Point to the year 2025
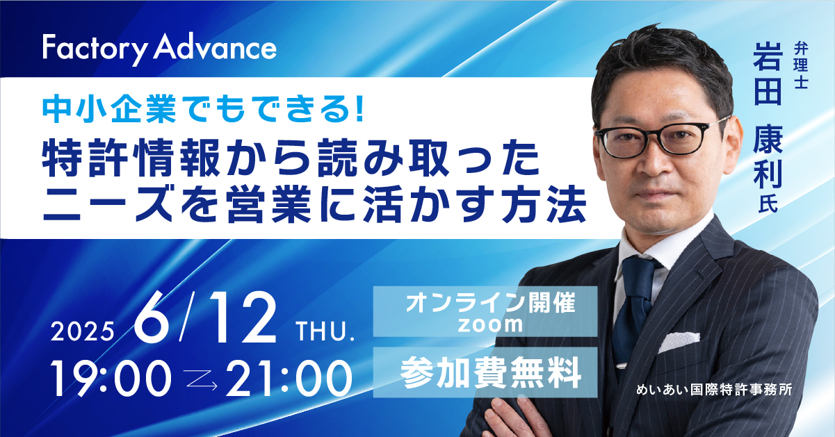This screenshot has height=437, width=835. [x=82, y=331]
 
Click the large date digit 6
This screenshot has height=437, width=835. [x=152, y=318]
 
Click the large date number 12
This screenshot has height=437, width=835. [x=243, y=318]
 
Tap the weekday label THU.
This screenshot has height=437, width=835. [x=325, y=331]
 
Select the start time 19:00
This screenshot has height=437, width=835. [x=111, y=379]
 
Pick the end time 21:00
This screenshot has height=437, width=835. [x=289, y=379]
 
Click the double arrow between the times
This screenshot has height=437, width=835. [x=202, y=380]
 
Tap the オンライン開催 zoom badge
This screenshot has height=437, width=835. [x=485, y=311]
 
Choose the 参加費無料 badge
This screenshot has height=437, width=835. [x=485, y=372]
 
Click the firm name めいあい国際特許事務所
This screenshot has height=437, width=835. [x=715, y=390]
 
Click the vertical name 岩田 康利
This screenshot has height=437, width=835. [x=768, y=115]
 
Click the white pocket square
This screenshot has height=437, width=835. [x=679, y=342]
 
